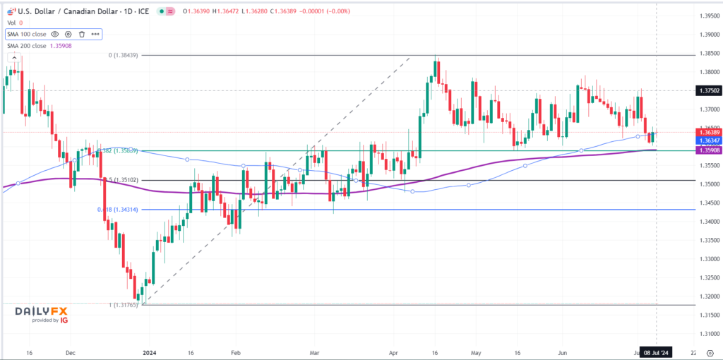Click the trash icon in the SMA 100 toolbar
82,34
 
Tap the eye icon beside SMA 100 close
55,34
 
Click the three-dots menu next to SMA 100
95,34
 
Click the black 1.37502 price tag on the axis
708,90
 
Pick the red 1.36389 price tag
708,132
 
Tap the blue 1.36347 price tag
708,140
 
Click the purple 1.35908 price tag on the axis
708,150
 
